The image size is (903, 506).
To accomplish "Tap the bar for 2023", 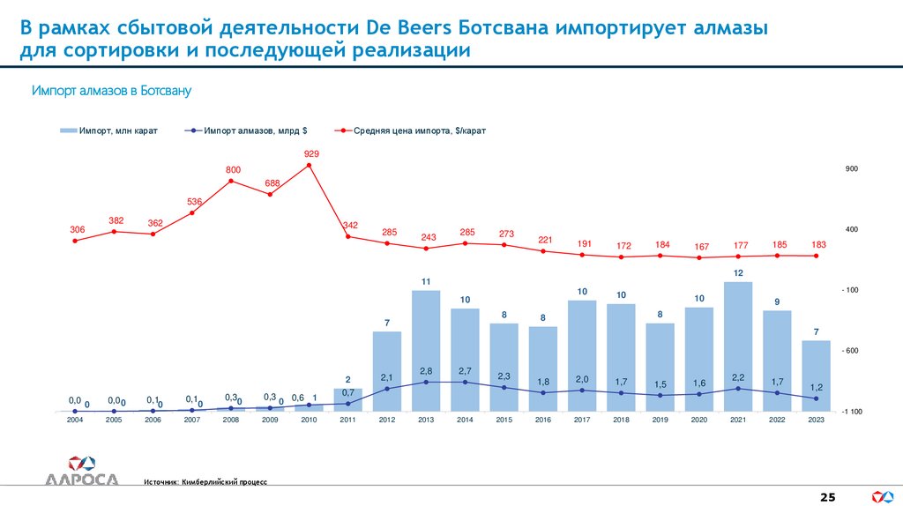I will point(816,376).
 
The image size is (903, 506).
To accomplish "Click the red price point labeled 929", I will point(310,165).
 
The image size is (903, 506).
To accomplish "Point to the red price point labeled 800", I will point(231,181).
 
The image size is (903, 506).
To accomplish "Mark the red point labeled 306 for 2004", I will point(75,241).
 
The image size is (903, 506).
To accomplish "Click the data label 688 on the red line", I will point(272,183).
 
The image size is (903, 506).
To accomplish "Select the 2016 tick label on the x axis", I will point(543,420).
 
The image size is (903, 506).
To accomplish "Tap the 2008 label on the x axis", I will point(231,420).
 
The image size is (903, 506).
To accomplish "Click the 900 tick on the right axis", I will point(852,168).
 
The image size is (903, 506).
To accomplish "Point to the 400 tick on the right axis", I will point(852,229).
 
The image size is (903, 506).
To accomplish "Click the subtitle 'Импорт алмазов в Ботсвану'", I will point(112,91).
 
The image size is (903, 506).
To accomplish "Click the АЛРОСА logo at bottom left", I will point(80,470).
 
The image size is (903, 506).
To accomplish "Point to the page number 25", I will point(828,498).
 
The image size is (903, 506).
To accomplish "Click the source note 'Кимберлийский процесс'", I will point(224,482).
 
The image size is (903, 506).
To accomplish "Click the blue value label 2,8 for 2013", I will point(426,371).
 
